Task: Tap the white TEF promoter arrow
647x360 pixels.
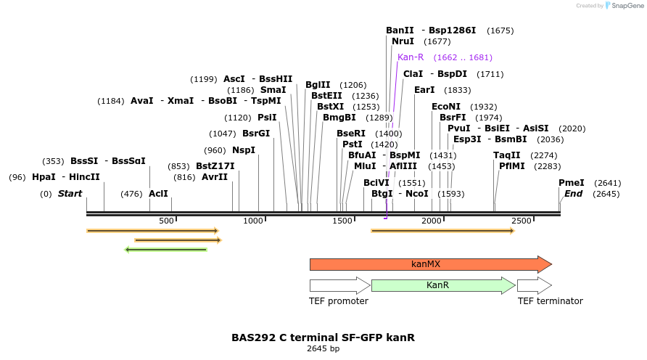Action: pyautogui.click(x=339, y=285)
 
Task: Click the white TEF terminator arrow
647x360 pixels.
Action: pyautogui.click(x=534, y=285)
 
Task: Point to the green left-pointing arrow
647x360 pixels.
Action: pyautogui.click(x=166, y=250)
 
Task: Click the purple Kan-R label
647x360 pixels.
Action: pyautogui.click(x=411, y=57)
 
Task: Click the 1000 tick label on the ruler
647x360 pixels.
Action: pyautogui.click(x=252, y=221)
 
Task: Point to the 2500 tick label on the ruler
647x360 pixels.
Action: pyautogui.click(x=521, y=221)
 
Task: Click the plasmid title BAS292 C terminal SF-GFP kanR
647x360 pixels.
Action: pyautogui.click(x=323, y=337)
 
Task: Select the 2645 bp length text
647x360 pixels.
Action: pyautogui.click(x=323, y=349)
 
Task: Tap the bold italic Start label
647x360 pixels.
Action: pyautogui.click(x=70, y=194)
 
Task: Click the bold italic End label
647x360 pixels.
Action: pyautogui.click(x=573, y=194)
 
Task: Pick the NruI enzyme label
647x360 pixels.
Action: pyautogui.click(x=403, y=41)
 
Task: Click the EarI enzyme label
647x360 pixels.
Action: pyautogui.click(x=424, y=90)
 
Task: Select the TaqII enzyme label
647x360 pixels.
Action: pyautogui.click(x=507, y=155)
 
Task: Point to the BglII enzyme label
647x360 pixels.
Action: pyautogui.click(x=318, y=85)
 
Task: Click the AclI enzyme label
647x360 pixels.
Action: pyautogui.click(x=158, y=194)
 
